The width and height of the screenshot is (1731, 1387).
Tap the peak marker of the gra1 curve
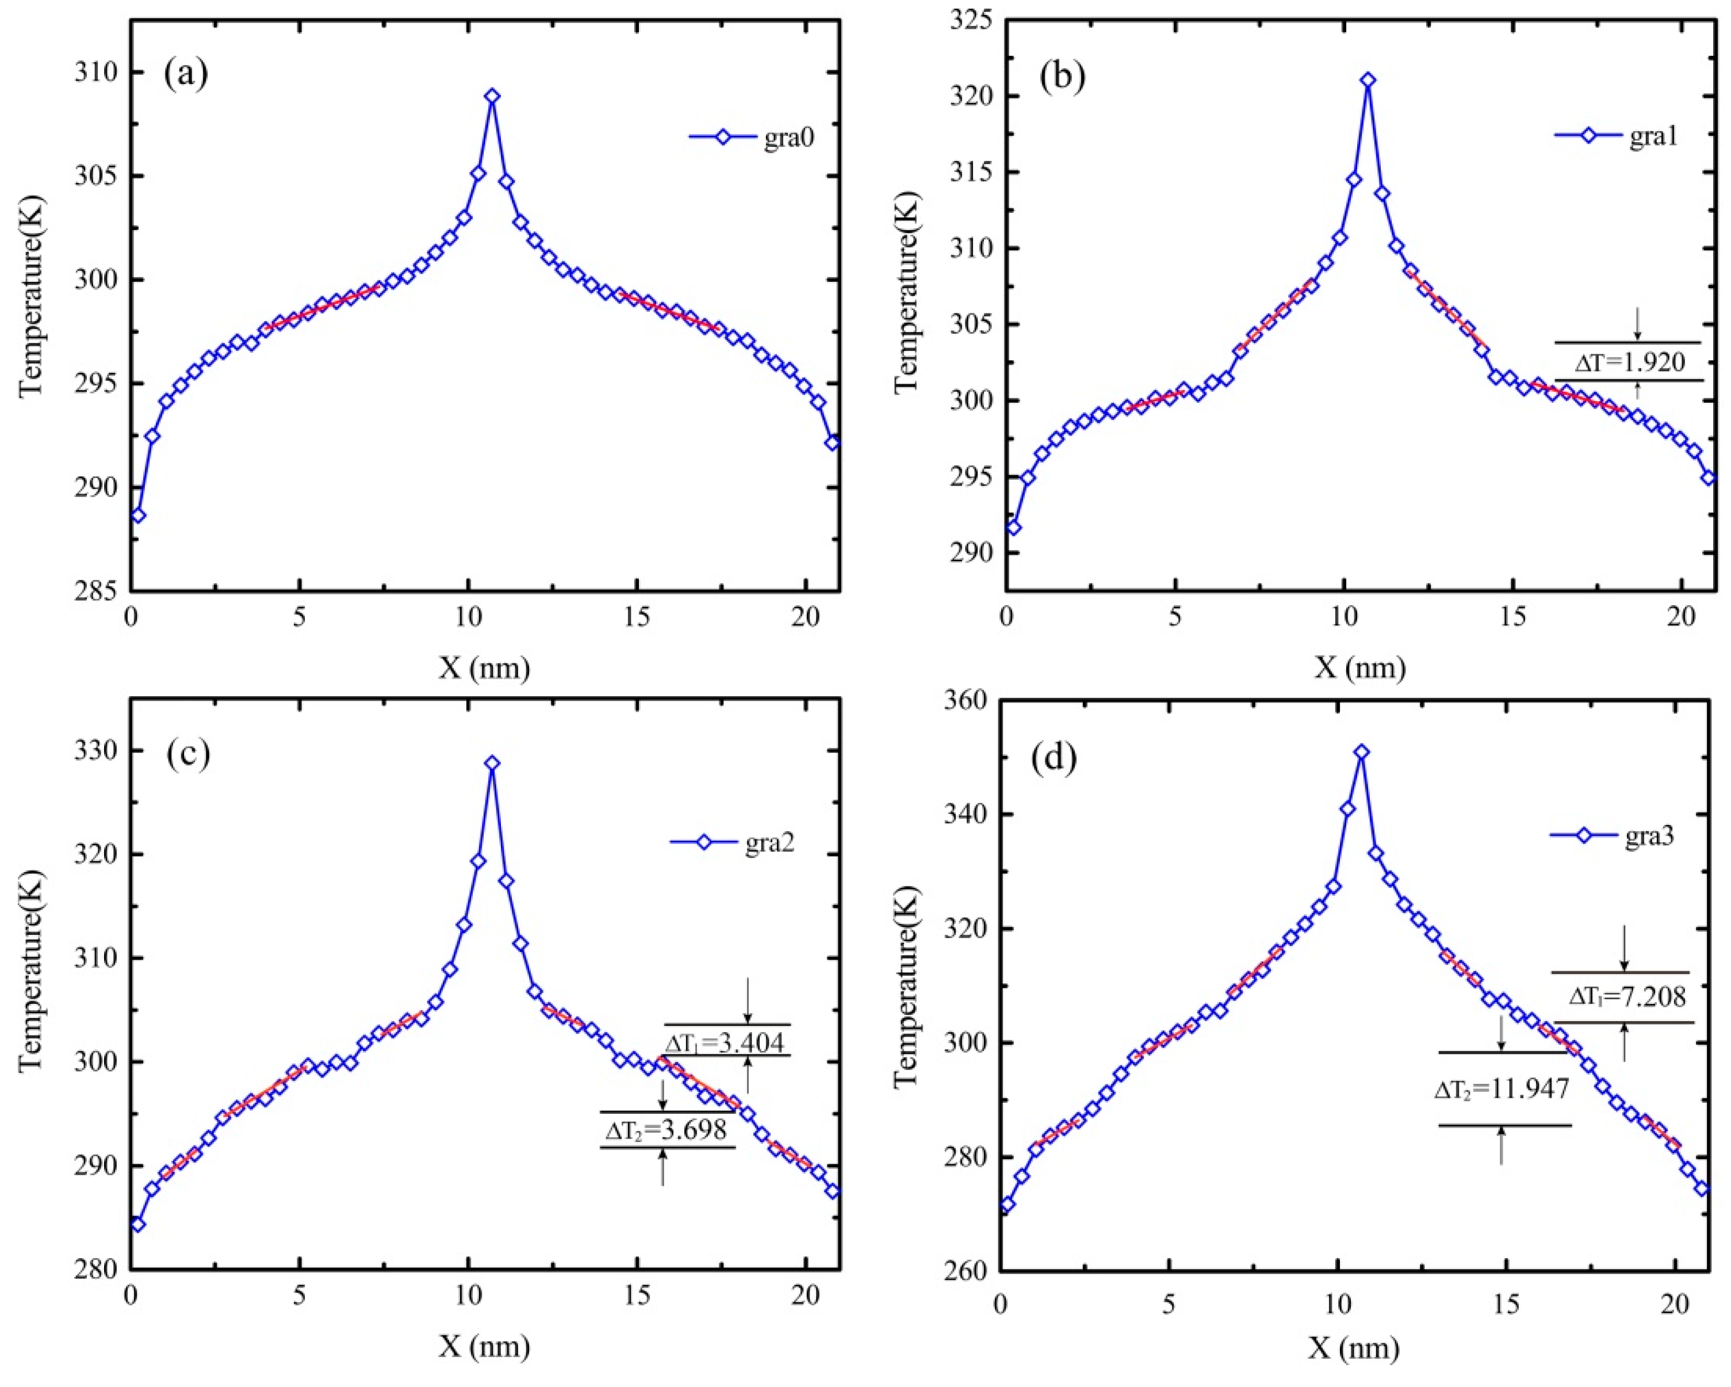(x=1368, y=79)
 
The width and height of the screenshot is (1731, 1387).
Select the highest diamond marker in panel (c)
(x=492, y=763)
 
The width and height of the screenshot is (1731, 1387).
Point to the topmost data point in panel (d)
(x=1361, y=752)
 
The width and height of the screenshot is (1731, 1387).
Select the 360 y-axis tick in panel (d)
(x=967, y=700)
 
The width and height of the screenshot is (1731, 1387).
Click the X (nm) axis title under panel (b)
(x=1359, y=667)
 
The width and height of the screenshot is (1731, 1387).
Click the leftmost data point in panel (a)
(x=138, y=515)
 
